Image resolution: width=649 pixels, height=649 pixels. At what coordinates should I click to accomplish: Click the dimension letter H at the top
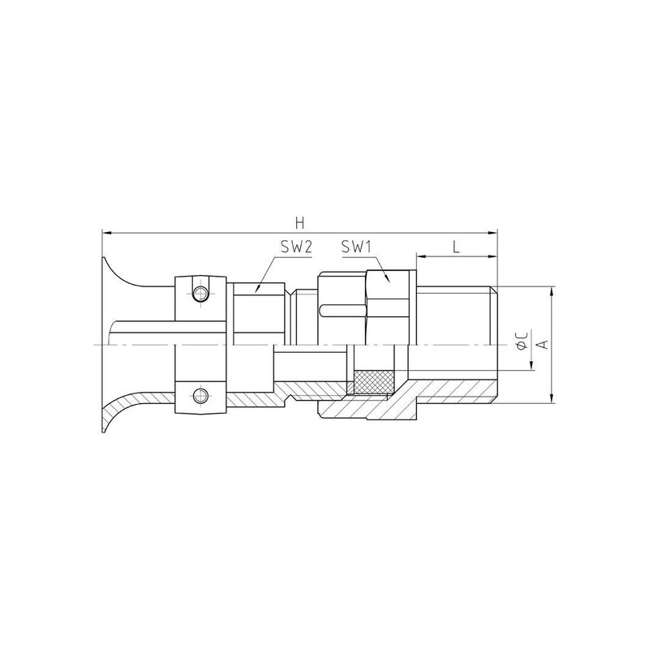pyautogui.click(x=299, y=224)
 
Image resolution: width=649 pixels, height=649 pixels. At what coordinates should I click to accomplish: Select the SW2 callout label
pyautogui.click(x=296, y=247)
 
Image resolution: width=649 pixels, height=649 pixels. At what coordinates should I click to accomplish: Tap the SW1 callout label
pyautogui.click(x=357, y=247)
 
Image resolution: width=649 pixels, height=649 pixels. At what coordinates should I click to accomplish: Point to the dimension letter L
pyautogui.click(x=456, y=247)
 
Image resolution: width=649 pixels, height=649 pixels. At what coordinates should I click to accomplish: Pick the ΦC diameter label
pyautogui.click(x=522, y=340)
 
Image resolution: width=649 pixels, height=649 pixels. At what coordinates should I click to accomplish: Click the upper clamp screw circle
pyautogui.click(x=200, y=294)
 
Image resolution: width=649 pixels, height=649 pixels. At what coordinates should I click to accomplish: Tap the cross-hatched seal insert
pyautogui.click(x=373, y=381)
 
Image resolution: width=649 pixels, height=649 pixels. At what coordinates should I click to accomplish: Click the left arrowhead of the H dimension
pyautogui.click(x=106, y=234)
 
